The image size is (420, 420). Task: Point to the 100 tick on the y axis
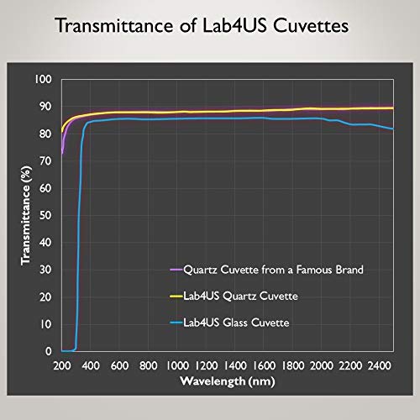(x=44, y=79)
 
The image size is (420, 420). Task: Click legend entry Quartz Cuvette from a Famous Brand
(x=267, y=270)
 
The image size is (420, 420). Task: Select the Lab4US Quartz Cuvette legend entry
(x=237, y=297)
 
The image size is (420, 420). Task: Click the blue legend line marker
(x=177, y=323)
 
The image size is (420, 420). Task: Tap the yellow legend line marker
(x=177, y=297)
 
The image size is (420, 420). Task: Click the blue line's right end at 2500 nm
(x=393, y=129)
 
